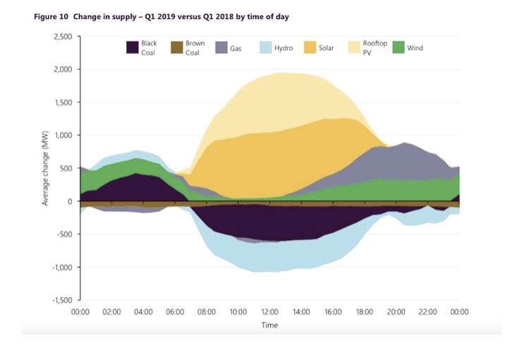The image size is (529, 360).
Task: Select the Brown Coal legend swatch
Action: coord(176,47)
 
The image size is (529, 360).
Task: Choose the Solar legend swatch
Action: coord(310,47)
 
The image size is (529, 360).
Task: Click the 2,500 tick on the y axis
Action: coord(63,37)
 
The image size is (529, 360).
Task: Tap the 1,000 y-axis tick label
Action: coord(63,136)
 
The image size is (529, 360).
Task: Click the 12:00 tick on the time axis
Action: coord(270,311)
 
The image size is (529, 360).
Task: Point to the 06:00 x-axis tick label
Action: coord(175,311)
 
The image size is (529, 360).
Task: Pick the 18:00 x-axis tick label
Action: coord(365,311)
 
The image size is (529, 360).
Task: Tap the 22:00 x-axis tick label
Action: coord(427,311)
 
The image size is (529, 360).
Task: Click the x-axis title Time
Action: coord(270,325)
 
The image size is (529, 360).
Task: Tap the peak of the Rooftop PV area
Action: coord(279,72)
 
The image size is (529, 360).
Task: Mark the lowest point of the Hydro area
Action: coord(264,272)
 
